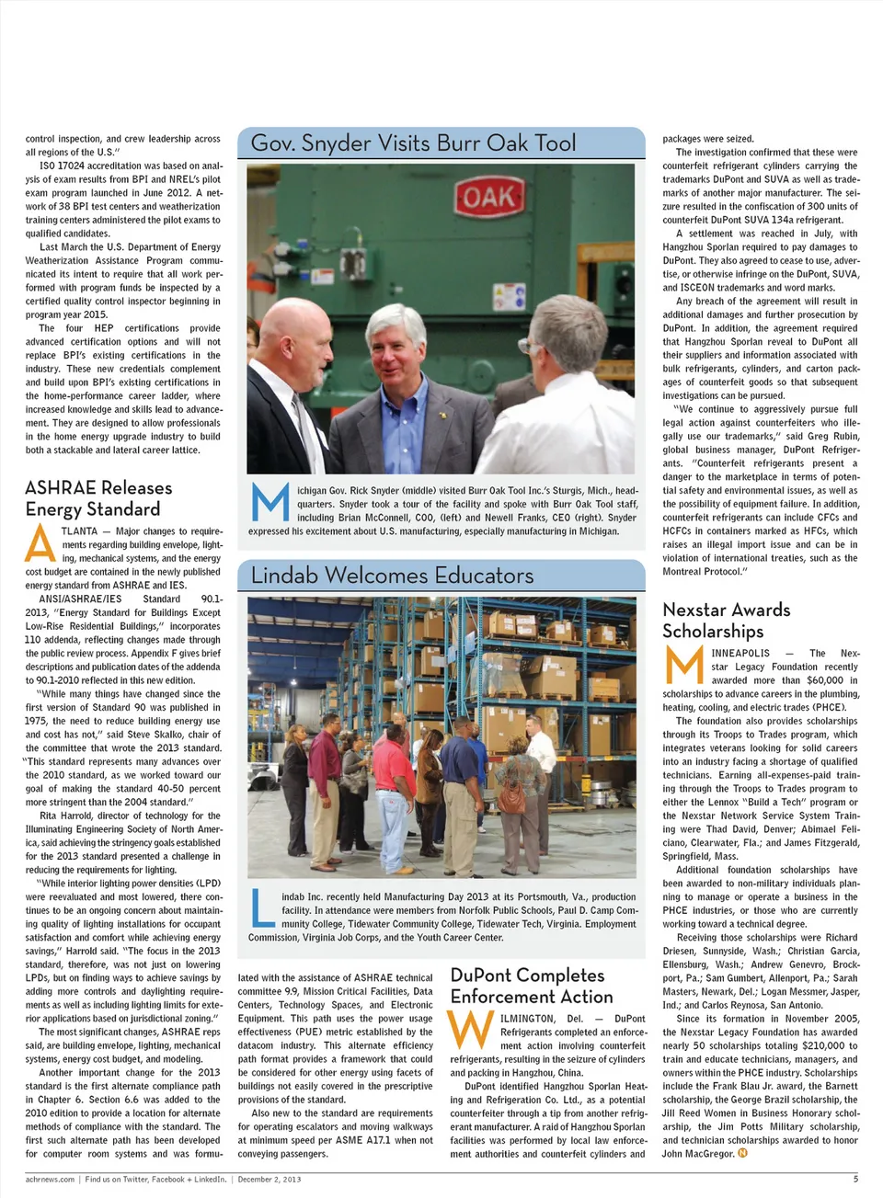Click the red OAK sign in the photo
[x=487, y=198]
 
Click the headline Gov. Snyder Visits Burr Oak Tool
[x=413, y=143]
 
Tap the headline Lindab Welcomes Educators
[x=392, y=576]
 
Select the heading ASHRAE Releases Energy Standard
[x=98, y=498]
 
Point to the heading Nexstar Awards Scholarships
[x=726, y=620]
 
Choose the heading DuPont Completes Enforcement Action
[x=531, y=986]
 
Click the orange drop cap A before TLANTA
[x=40, y=543]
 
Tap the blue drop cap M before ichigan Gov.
[x=269, y=502]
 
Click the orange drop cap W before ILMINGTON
[x=470, y=1030]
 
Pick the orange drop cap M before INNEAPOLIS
[x=683, y=666]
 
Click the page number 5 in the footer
[x=854, y=1179]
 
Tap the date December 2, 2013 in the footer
[x=269, y=1179]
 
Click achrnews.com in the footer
[x=50, y=1179]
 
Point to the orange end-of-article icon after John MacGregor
[x=742, y=1153]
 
